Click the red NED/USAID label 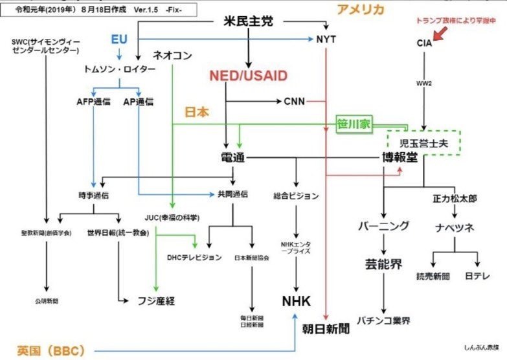(x=248, y=76)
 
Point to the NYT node (x=326, y=39)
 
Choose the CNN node (x=295, y=101)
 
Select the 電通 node (x=232, y=158)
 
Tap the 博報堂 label (x=396, y=158)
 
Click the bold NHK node (x=297, y=301)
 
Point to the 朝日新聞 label (x=326, y=328)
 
